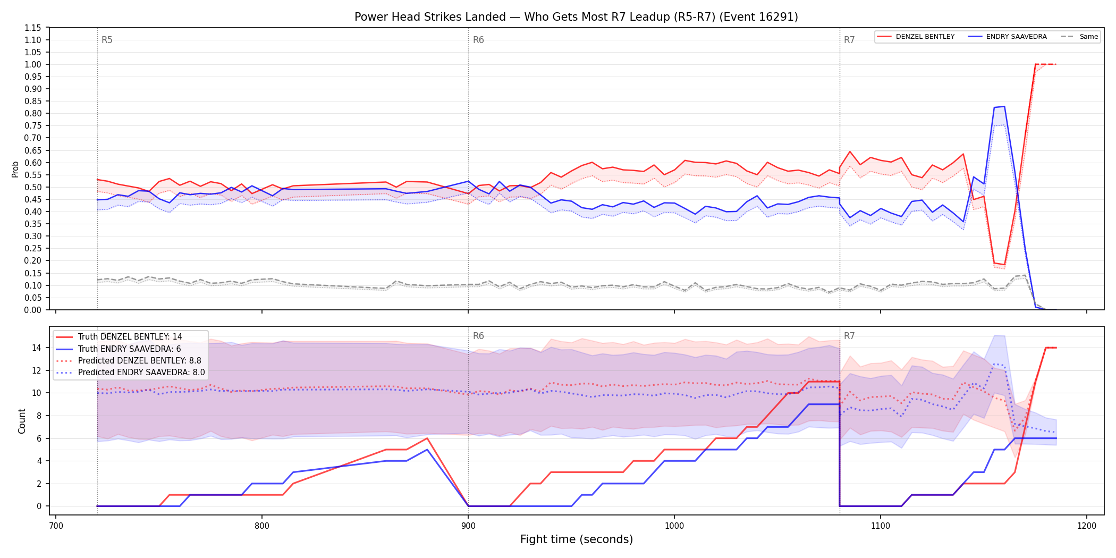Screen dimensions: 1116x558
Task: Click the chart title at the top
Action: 576,17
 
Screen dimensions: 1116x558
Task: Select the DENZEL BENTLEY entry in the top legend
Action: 916,37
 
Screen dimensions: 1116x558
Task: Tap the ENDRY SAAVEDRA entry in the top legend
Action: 1007,37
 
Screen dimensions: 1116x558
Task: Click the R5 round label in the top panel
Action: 107,40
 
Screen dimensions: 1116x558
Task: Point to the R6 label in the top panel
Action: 478,40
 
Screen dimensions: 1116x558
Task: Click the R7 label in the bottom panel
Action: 849,336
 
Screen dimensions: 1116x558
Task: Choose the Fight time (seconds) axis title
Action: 577,539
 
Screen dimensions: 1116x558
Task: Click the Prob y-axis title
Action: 15,169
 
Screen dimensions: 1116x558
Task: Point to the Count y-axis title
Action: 22,421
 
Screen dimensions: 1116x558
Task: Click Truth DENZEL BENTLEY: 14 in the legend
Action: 130,337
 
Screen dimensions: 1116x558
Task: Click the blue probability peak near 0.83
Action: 1004,106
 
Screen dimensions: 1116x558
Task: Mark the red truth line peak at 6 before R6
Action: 427,438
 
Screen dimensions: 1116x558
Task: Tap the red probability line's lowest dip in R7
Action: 1004,265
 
